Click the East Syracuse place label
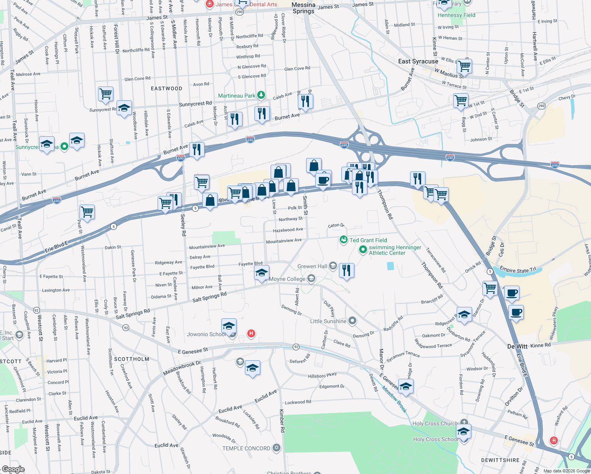coord(418,61)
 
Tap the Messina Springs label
coord(303,8)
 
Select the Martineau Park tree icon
coord(261,95)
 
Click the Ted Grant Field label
coord(368,240)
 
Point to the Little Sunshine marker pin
coord(352,321)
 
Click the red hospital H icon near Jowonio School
coord(251,333)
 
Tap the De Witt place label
coord(517,346)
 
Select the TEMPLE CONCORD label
coord(246,448)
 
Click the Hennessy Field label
coord(456,15)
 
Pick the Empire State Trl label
coord(518,270)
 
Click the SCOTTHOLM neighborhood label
coord(132,359)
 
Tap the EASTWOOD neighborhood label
coord(166,88)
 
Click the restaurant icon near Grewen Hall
coord(346,271)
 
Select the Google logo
coord(13,469)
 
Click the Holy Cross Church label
coord(435,423)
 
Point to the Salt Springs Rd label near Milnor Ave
coord(209,297)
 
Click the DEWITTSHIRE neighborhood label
coord(500,460)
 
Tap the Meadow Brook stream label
coord(394,399)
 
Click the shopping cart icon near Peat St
coord(87,212)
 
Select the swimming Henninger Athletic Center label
coord(395,250)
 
